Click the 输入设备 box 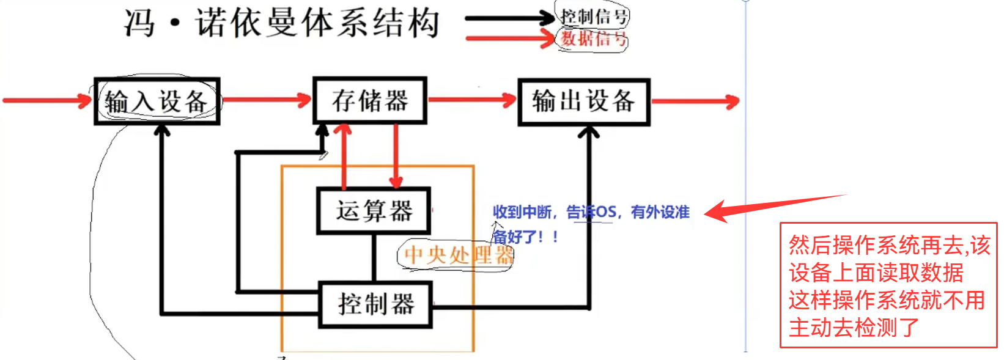click(157, 101)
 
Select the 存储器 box click(369, 101)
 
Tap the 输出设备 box click(583, 102)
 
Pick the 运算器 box click(374, 211)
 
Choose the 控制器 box click(375, 304)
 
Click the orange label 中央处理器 click(458, 255)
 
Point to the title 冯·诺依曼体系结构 click(282, 23)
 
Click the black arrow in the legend click(510, 18)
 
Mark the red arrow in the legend click(510, 40)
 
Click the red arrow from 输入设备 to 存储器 click(267, 100)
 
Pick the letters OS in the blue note click(605, 212)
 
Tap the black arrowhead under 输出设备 click(588, 133)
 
